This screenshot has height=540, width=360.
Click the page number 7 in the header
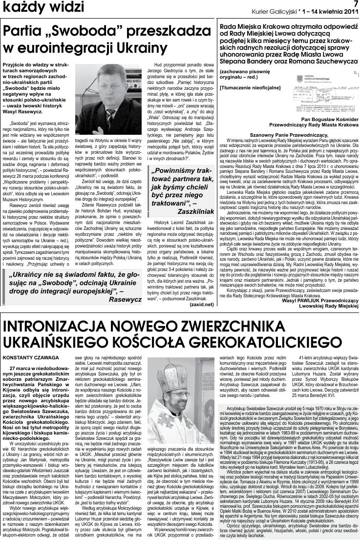(355, 3)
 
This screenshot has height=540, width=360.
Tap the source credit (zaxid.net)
(202, 304)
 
